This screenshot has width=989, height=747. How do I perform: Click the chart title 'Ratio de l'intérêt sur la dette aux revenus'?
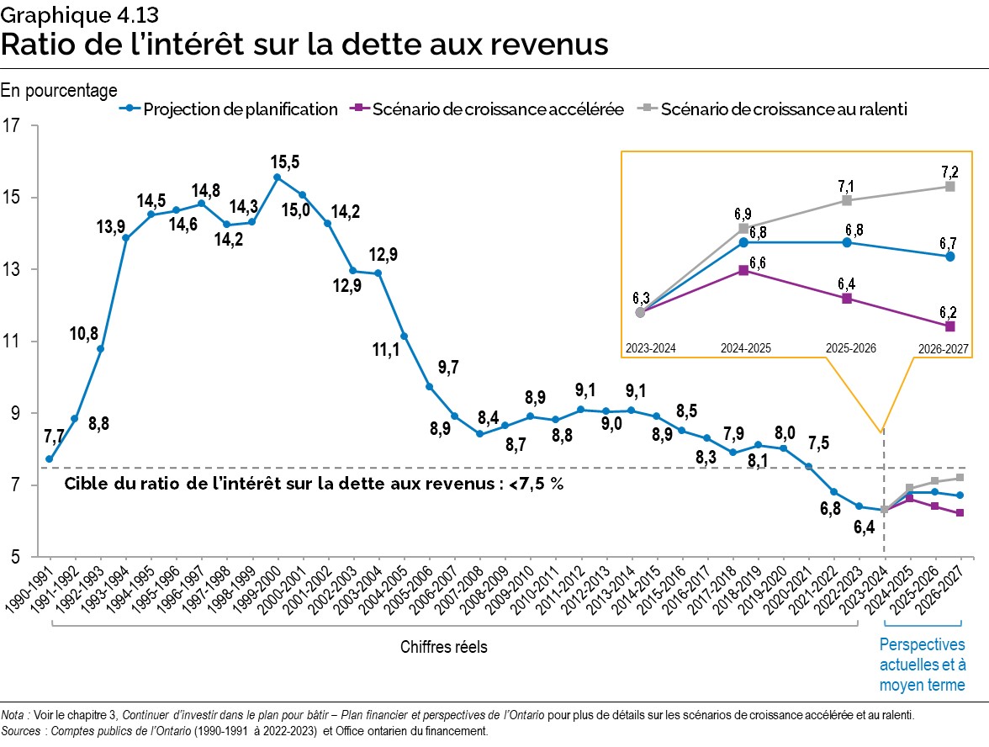point(304,44)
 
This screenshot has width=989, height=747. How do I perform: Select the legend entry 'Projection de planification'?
point(231,109)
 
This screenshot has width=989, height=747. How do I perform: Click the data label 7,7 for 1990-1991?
point(55,437)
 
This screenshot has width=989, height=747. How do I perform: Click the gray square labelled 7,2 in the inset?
point(949,187)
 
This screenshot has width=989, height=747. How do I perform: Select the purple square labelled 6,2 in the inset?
point(949,326)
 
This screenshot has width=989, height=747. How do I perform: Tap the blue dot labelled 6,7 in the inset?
point(949,257)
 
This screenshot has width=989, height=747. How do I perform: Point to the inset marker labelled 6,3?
point(640,312)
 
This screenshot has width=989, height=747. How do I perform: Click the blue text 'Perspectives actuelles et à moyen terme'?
point(922,665)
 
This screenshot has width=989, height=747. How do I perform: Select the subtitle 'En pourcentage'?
point(59,89)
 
